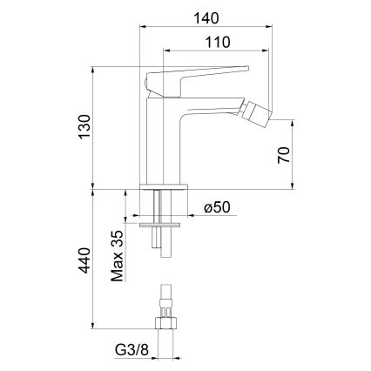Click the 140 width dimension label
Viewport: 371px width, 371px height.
pos(206,15)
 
